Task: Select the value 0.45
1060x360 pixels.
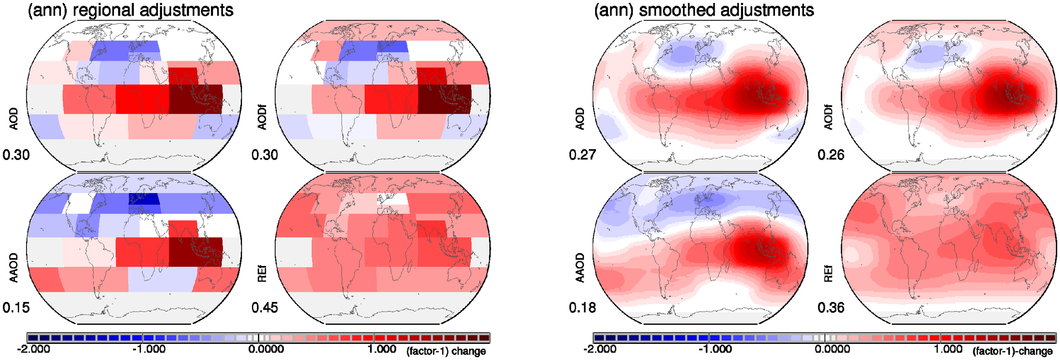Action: click(265, 307)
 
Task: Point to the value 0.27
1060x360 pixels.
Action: click(582, 155)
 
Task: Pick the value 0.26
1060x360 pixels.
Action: click(831, 155)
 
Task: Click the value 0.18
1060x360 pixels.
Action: click(582, 307)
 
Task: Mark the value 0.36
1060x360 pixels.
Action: click(831, 307)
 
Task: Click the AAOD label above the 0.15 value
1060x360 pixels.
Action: click(14, 267)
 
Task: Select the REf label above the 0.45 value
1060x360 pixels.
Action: click(262, 274)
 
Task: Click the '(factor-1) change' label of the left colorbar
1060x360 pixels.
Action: click(446, 351)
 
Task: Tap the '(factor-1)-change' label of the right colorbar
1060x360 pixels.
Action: click(1013, 351)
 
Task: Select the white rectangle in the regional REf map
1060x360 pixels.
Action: click(393, 199)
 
